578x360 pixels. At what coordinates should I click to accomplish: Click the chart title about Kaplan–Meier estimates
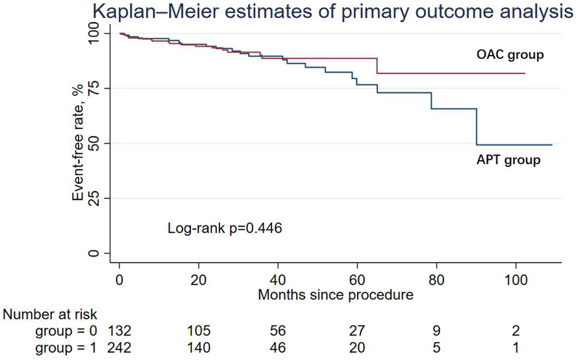coord(333,12)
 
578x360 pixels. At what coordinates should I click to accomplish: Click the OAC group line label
coord(510,55)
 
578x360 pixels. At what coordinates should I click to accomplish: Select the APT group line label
coord(508,160)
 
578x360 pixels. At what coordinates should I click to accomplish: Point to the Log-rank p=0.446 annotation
coord(224,228)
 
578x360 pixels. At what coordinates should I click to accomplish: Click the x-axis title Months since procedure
coord(336,295)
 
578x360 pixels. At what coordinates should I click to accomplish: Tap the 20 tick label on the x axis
coord(198,281)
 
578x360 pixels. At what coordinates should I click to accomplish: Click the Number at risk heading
coord(50,315)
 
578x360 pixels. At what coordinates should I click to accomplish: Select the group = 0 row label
coord(67,330)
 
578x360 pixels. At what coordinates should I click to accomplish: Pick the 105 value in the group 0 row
coord(198,330)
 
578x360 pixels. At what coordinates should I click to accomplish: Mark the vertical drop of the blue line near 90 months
coord(476,127)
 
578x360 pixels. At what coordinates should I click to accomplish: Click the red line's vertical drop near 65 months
coord(377,66)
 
